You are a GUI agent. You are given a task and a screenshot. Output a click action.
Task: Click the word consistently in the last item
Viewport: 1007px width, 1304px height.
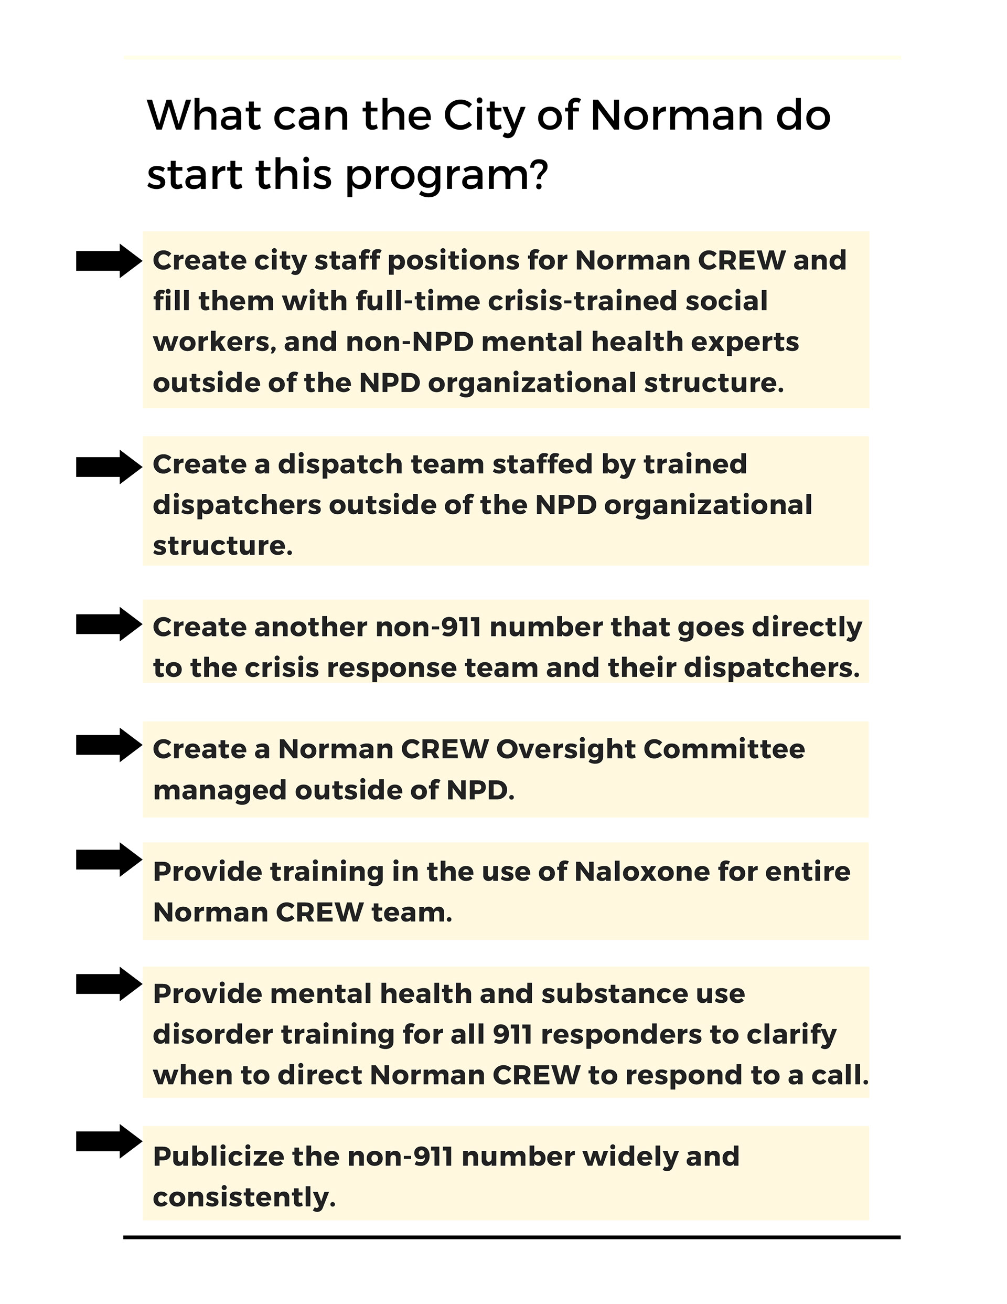pos(244,1197)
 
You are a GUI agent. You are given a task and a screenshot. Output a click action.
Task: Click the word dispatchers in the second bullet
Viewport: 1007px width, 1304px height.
pos(237,505)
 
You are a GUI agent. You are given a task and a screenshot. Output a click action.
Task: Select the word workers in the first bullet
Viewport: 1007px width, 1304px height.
pos(215,342)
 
